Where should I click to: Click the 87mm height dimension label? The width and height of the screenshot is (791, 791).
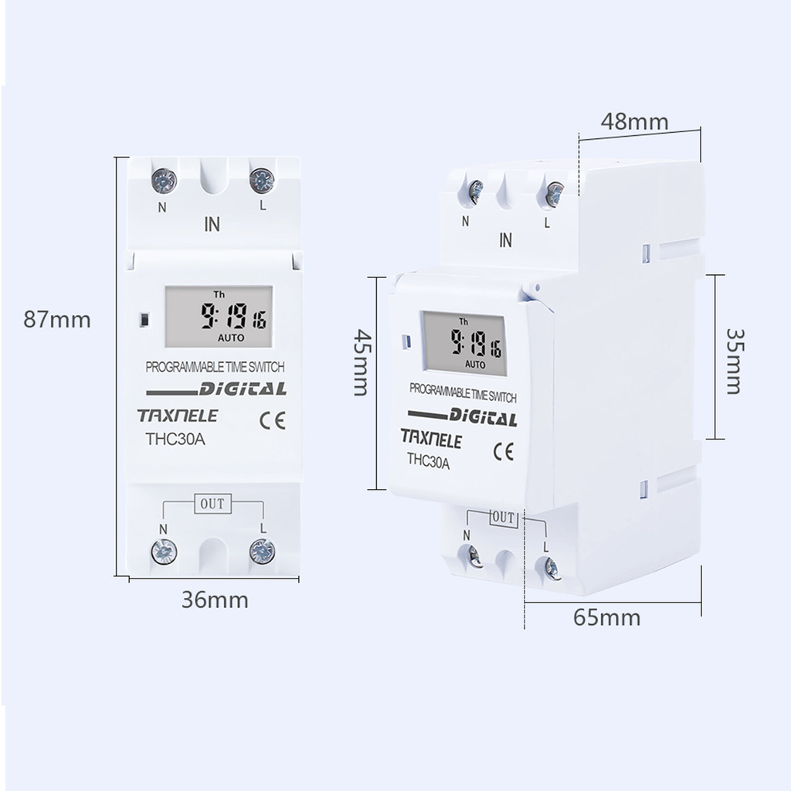[57, 319]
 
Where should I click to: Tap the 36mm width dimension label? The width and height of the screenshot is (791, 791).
[215, 599]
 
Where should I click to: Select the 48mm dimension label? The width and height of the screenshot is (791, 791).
[635, 121]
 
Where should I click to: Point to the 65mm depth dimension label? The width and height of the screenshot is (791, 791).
[607, 617]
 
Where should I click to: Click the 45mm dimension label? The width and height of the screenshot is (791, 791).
[361, 362]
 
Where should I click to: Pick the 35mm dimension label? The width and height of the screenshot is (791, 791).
[734, 358]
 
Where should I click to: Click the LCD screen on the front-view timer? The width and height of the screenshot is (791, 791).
[218, 317]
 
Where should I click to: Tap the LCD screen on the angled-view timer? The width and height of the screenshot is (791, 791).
[463, 343]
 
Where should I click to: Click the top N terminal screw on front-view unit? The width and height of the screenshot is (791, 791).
[164, 181]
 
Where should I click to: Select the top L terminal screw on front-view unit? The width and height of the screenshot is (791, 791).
[263, 180]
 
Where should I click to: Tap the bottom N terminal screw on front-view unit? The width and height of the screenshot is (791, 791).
[164, 550]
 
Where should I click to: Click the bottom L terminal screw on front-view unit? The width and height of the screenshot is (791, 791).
[263, 550]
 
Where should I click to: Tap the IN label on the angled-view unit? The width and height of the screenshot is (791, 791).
[506, 240]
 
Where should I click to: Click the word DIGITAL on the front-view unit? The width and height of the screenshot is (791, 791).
[243, 389]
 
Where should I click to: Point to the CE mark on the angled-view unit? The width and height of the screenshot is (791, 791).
[504, 452]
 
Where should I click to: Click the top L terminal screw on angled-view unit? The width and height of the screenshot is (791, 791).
[554, 194]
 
